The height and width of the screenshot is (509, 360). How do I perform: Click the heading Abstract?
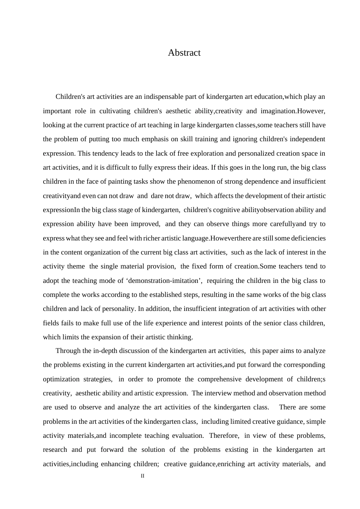(184, 53)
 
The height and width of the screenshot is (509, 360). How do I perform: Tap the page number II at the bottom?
(142, 476)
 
